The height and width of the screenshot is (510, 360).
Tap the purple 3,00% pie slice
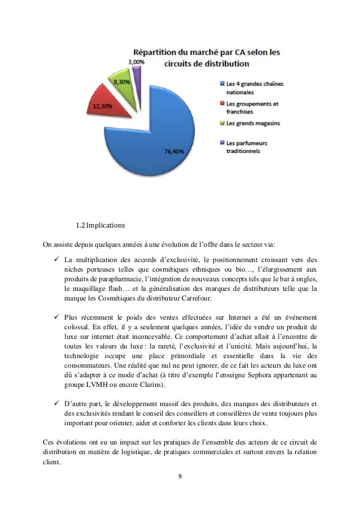pos(136,73)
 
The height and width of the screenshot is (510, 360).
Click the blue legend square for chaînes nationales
pos(221,85)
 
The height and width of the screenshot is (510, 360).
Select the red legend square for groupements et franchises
pos(221,104)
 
